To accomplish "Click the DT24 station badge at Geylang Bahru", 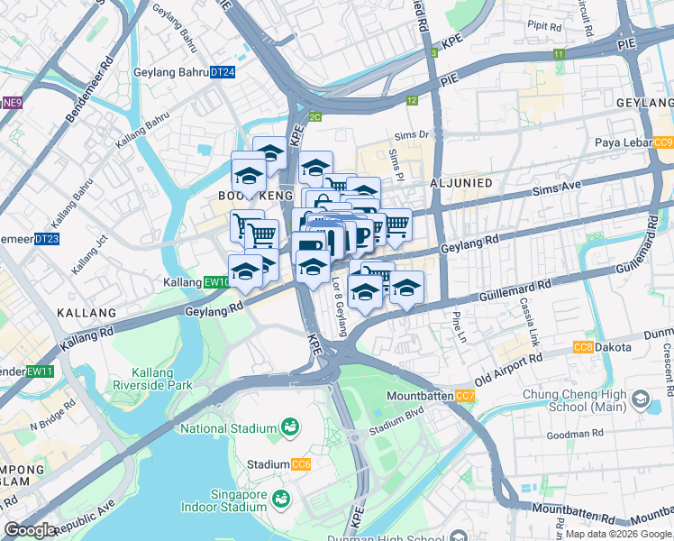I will (223, 72).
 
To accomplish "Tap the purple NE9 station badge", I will (12, 103).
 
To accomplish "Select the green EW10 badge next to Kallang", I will (216, 282).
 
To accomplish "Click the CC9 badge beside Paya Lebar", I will (663, 143).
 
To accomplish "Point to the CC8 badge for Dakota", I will (584, 347).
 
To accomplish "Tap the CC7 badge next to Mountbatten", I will (465, 396).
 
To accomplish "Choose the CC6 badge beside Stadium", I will (301, 464).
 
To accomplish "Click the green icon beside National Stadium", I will (291, 426).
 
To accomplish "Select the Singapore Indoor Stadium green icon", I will (281, 498).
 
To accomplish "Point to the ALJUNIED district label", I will (461, 183).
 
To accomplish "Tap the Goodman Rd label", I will (573, 434).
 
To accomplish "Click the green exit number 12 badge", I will (412, 101).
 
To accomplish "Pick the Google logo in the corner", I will (30, 530).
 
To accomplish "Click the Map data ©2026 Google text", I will (618, 534).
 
